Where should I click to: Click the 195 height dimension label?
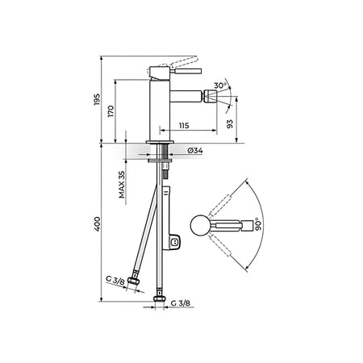pyautogui.click(x=97, y=99)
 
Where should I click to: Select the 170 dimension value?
pyautogui.click(x=111, y=111)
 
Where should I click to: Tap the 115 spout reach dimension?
pyautogui.click(x=184, y=125)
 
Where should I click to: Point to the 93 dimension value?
pyautogui.click(x=230, y=123)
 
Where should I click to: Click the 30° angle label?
pyautogui.click(x=220, y=86)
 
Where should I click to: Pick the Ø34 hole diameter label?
pyautogui.click(x=195, y=151)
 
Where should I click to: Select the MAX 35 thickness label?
pyautogui.click(x=122, y=185)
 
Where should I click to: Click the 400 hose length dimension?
pyautogui.click(x=97, y=223)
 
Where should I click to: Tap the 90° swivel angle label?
pyautogui.click(x=258, y=224)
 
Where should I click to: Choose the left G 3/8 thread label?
pyautogui.click(x=115, y=280)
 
